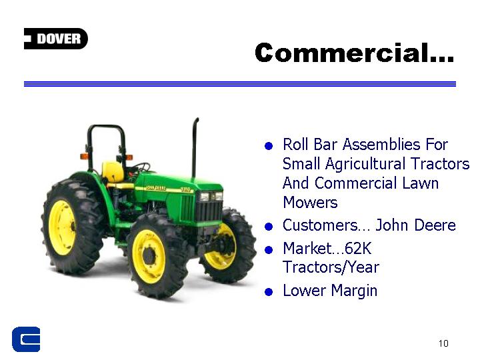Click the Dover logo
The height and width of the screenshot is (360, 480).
(x=56, y=39)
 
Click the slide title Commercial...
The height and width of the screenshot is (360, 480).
(x=354, y=53)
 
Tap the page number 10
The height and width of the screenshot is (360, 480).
(x=443, y=343)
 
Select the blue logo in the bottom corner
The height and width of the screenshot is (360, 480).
(x=26, y=339)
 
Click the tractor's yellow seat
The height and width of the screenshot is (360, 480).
(x=113, y=172)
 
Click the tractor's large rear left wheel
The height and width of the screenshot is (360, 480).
(x=72, y=227)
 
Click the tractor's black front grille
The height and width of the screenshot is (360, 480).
(x=209, y=211)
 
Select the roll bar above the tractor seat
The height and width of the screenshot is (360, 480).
(x=106, y=126)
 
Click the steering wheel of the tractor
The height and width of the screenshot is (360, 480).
(x=141, y=167)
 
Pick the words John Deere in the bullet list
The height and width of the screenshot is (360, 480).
(x=415, y=225)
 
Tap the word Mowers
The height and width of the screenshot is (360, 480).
(x=310, y=203)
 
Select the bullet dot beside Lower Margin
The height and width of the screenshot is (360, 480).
(x=269, y=292)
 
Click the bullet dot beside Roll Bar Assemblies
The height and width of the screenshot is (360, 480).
(x=269, y=146)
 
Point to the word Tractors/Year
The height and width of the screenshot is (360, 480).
(x=331, y=267)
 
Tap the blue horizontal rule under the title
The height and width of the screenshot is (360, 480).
(x=240, y=84)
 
